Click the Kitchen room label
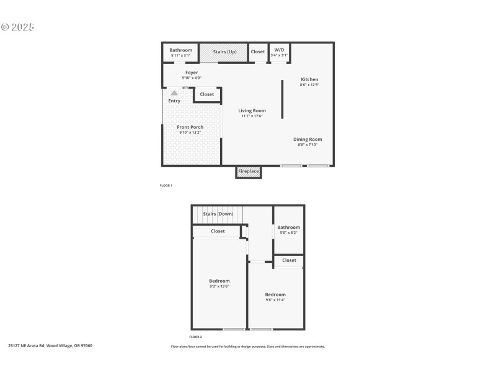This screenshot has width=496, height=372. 309,79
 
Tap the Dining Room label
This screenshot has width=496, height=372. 308,139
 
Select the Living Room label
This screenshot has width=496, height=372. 252,111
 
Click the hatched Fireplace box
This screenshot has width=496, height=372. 249,172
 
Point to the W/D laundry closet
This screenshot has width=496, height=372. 279,53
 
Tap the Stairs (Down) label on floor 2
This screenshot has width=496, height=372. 218,214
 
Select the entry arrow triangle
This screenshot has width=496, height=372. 174,93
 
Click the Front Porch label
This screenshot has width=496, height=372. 190,127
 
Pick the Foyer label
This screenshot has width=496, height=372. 191,73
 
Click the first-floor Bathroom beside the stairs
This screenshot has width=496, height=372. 181,52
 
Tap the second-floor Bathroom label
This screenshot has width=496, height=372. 288,228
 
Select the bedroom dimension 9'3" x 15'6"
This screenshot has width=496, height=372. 219,286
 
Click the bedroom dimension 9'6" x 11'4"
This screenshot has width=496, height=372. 275,299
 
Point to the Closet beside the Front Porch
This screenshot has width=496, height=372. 206,95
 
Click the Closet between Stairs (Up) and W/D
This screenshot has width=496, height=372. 258,51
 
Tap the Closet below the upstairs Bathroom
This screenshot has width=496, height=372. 289,260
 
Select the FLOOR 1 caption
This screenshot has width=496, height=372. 166,185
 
